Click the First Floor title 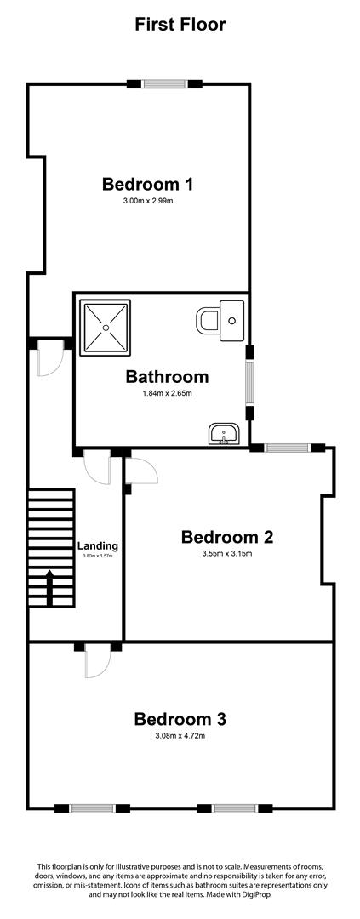tap(180, 25)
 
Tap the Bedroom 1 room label tap(148, 184)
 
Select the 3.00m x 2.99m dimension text tap(148, 201)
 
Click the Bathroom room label tap(167, 376)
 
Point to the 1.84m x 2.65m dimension tap(167, 393)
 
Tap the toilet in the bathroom tap(220, 321)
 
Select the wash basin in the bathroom tap(223, 433)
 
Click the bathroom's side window tap(250, 382)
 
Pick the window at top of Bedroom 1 tap(165, 83)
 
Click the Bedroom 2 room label tap(227, 536)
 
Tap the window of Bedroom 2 tap(288, 448)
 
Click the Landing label tap(98, 545)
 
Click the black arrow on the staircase tap(50, 587)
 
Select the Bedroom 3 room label tap(180, 718)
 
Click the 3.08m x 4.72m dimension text tap(180, 735)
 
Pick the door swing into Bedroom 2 tap(142, 469)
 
